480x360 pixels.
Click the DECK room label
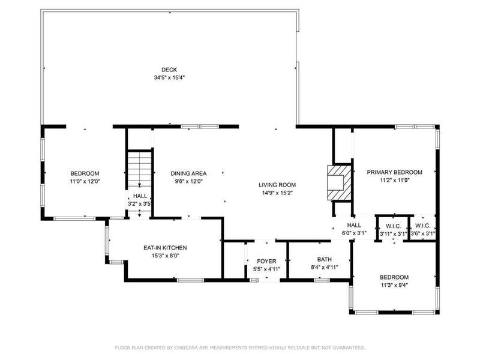tap(169, 70)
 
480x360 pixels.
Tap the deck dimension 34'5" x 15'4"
tap(169, 78)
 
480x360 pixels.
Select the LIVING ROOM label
tap(277, 185)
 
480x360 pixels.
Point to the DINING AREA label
tap(188, 173)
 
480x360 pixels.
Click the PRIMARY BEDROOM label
tap(395, 172)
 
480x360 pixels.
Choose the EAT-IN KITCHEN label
tap(165, 248)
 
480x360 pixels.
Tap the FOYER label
tap(266, 261)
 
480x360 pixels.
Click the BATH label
tap(325, 260)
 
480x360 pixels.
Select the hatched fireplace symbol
tap(339, 183)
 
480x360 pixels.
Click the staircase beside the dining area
tap(140, 169)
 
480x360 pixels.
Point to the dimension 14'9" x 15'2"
tap(277, 193)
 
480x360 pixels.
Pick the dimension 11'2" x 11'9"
tap(395, 181)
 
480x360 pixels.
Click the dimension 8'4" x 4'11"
tap(325, 267)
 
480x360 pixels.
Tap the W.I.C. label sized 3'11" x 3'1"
tap(394, 226)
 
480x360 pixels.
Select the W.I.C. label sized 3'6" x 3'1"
tap(423, 226)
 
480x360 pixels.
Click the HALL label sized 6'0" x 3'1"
tap(354, 226)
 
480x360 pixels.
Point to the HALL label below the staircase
tap(140, 196)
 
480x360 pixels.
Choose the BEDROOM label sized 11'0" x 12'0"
tap(85, 173)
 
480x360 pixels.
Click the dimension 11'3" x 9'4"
tap(394, 286)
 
